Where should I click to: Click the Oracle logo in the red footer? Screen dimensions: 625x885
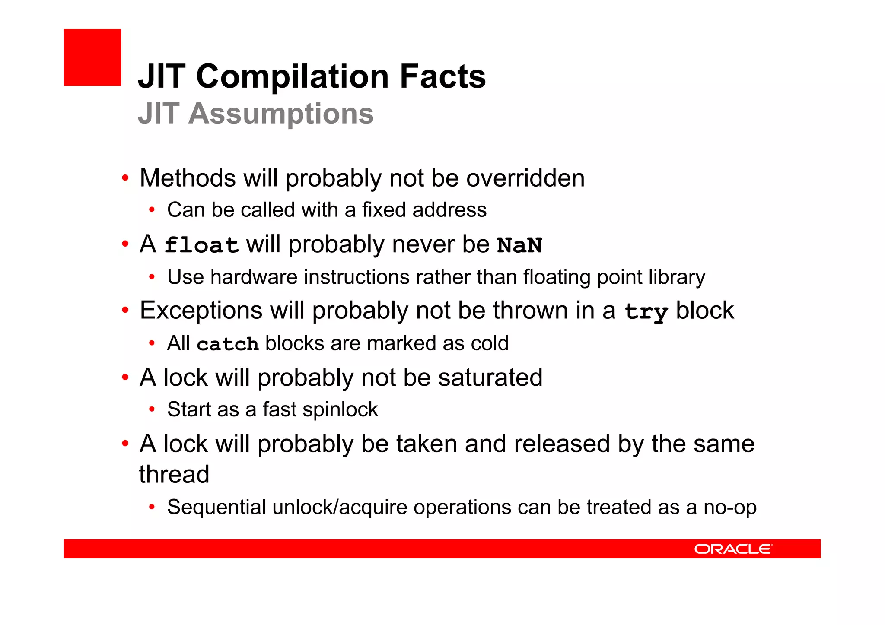[x=733, y=549]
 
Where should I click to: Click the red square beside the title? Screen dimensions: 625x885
[x=92, y=57]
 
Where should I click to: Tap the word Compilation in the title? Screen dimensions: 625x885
[x=293, y=76]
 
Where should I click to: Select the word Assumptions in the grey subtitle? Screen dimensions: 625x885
[x=281, y=114]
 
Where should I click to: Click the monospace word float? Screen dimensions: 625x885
[x=201, y=245]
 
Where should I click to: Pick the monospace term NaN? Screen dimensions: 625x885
[x=519, y=245]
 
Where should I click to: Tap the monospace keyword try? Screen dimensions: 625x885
[x=646, y=311]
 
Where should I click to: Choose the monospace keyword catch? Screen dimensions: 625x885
[x=228, y=344]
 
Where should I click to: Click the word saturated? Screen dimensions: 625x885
[x=490, y=378]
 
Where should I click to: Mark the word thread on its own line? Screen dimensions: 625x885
[x=174, y=474]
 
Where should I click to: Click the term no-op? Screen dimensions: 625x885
[x=730, y=507]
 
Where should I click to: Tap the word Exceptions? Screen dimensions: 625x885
[x=201, y=311]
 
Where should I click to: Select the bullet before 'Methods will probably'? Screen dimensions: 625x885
[x=125, y=178]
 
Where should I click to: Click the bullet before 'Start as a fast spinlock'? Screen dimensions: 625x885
[x=152, y=409]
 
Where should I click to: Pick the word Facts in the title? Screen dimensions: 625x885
[x=442, y=76]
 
